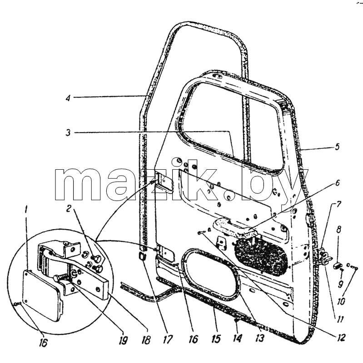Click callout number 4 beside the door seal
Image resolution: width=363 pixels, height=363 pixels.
coord(68,98)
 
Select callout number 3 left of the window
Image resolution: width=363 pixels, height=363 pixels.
coord(68,132)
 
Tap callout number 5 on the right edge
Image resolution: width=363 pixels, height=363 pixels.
coord(337,147)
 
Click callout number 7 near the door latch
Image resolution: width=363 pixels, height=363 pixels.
coord(338,205)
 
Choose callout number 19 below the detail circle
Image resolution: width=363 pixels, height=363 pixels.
coord(123,340)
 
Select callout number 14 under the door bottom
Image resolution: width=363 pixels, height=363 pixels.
coord(237,338)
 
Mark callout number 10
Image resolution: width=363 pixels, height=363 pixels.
coord(341,301)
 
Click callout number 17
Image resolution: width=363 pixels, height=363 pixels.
coord(167,339)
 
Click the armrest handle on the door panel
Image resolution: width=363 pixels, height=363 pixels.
coord(234,228)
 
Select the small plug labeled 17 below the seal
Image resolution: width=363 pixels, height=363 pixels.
coord(142,256)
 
